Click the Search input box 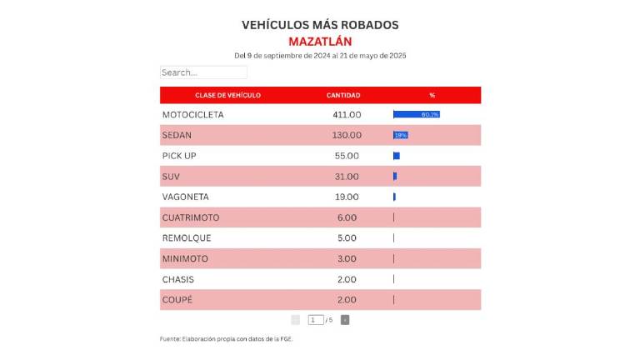pyautogui.click(x=203, y=72)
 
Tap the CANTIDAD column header pyautogui.click(x=342, y=95)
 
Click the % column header pyautogui.click(x=432, y=95)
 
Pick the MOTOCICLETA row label pyautogui.click(x=192, y=114)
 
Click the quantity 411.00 pyautogui.click(x=347, y=114)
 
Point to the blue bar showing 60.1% pyautogui.click(x=417, y=114)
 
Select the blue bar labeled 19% pyautogui.click(x=401, y=135)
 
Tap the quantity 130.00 pyautogui.click(x=347, y=135)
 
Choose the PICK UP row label pyautogui.click(x=179, y=156)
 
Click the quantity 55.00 pyautogui.click(x=347, y=156)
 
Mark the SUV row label pyautogui.click(x=171, y=177)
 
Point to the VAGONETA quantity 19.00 pyautogui.click(x=347, y=197)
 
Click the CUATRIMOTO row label pyautogui.click(x=191, y=217)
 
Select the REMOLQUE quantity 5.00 pyautogui.click(x=347, y=238)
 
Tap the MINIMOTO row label pyautogui.click(x=185, y=258)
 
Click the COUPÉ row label pyautogui.click(x=177, y=300)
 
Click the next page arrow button pyautogui.click(x=345, y=320)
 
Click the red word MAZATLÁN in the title pyautogui.click(x=320, y=41)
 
